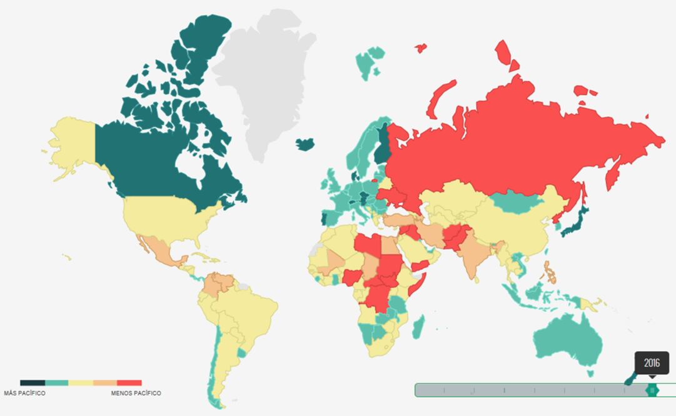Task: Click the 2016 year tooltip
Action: pyautogui.click(x=652, y=363)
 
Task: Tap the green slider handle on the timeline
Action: pyautogui.click(x=652, y=390)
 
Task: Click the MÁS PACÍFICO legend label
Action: pyautogui.click(x=24, y=394)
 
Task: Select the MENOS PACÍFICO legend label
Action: pyautogui.click(x=136, y=394)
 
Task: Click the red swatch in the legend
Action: pyautogui.click(x=129, y=383)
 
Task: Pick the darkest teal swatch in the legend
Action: pyautogui.click(x=32, y=383)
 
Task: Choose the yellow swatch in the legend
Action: pyautogui.click(x=81, y=383)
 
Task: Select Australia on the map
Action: pyautogui.click(x=566, y=340)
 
